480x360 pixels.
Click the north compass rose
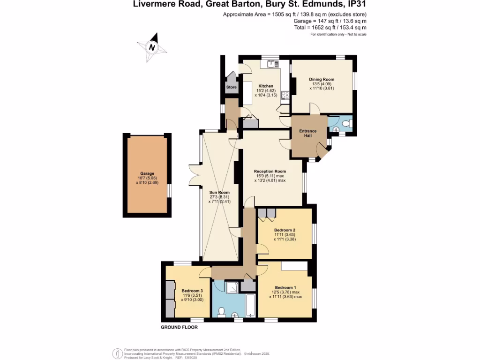coord(152,47)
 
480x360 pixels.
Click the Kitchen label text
coord(266,86)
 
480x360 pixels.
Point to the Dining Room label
coord(321,80)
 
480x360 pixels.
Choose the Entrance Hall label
coord(308,133)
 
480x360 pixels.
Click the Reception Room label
coord(270,171)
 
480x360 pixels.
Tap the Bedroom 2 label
coord(285,230)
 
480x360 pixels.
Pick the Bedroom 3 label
coord(192,291)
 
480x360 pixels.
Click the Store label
coord(232,88)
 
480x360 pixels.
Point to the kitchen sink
coord(270,64)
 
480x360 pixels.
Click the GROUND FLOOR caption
coord(179,327)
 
